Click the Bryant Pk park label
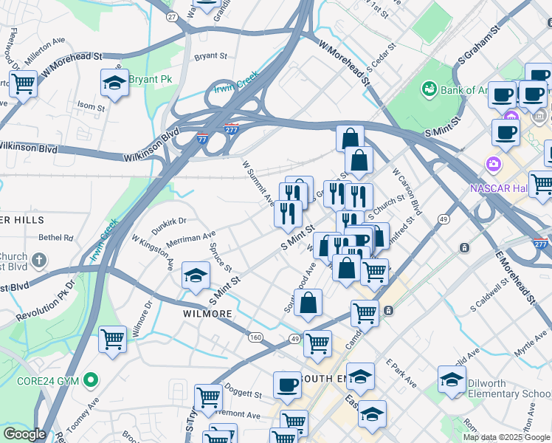click(x=150, y=80)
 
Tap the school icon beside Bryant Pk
click(x=114, y=83)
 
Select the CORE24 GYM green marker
click(x=91, y=380)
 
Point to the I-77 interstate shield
click(x=202, y=138)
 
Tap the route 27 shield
click(x=172, y=16)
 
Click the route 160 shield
click(x=256, y=337)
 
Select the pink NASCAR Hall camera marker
click(x=491, y=163)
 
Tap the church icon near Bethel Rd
click(x=38, y=261)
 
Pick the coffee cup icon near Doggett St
click(x=287, y=385)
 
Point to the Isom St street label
click(x=92, y=107)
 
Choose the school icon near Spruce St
click(x=196, y=275)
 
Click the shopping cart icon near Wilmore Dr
click(x=112, y=340)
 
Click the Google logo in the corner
click(x=24, y=434)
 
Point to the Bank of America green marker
click(x=429, y=90)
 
